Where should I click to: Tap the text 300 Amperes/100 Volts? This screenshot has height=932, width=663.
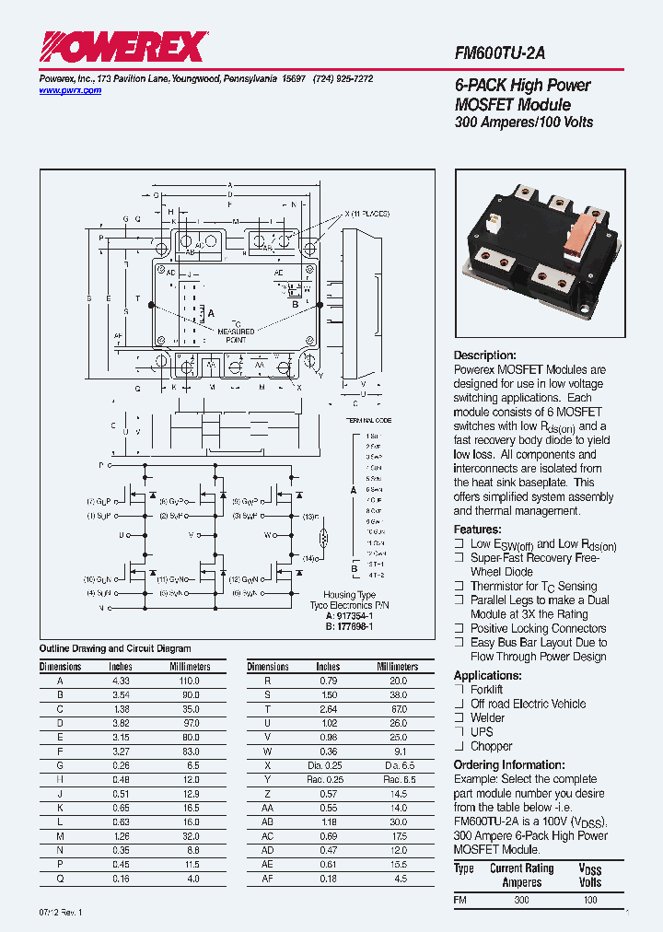click(x=524, y=122)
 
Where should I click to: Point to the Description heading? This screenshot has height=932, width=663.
click(x=485, y=355)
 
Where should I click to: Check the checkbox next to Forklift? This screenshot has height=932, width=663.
click(x=459, y=689)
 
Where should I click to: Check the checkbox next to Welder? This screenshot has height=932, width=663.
click(x=459, y=717)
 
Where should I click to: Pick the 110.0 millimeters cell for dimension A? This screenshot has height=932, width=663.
click(x=190, y=680)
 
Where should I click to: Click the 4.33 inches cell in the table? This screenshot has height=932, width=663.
click(x=121, y=680)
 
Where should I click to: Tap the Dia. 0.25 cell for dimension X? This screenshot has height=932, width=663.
click(x=328, y=765)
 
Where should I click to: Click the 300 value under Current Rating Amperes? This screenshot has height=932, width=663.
click(x=521, y=900)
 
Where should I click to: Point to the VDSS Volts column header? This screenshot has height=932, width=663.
click(x=589, y=876)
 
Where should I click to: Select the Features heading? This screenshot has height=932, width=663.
click(x=477, y=530)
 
